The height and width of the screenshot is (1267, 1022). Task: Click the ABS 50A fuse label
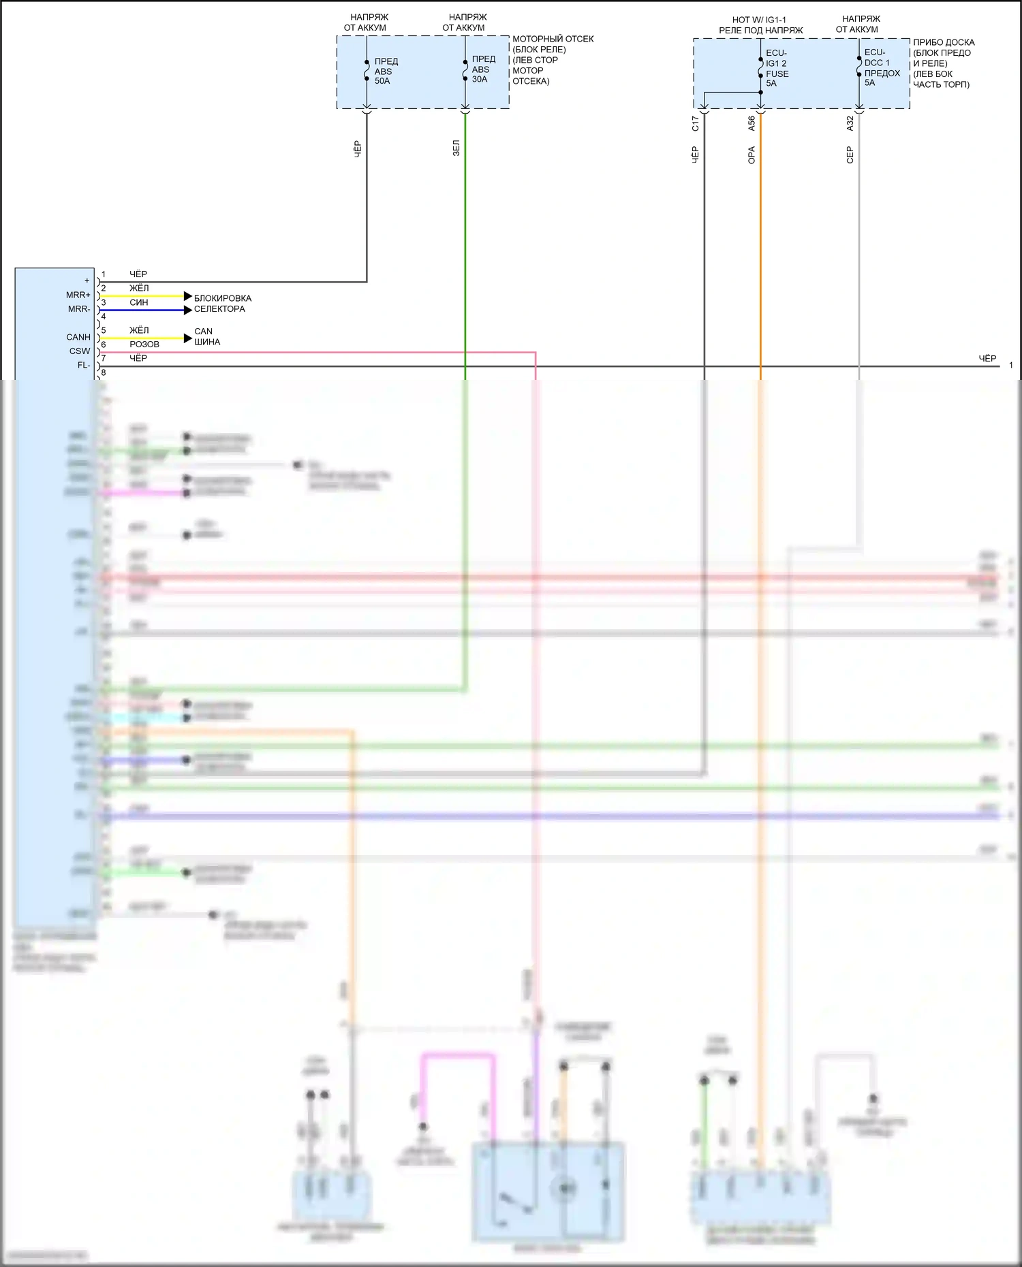386,71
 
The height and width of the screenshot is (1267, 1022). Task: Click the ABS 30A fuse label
483,69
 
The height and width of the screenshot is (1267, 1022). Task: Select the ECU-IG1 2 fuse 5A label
777,68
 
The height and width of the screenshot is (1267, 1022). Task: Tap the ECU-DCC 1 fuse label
882,67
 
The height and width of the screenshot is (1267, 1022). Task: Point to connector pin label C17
695,123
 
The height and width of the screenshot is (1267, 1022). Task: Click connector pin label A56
752,123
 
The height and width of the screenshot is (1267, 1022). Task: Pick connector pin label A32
850,123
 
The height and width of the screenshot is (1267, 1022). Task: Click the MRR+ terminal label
78,295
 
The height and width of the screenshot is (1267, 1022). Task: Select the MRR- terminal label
78,309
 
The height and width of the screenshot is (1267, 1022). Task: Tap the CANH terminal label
78,337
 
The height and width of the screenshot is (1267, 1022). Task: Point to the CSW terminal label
80,351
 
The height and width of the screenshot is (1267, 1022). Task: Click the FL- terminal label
83,366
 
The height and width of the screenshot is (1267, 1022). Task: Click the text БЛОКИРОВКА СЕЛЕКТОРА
221,304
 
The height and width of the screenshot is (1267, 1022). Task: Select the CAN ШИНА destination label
206,336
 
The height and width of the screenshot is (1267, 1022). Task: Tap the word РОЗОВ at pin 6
144,344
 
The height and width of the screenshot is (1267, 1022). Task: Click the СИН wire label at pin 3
139,302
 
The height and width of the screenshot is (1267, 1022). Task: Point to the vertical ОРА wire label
752,155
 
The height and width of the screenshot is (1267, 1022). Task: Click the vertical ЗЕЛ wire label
456,148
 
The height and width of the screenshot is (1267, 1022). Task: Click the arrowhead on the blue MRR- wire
188,310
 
